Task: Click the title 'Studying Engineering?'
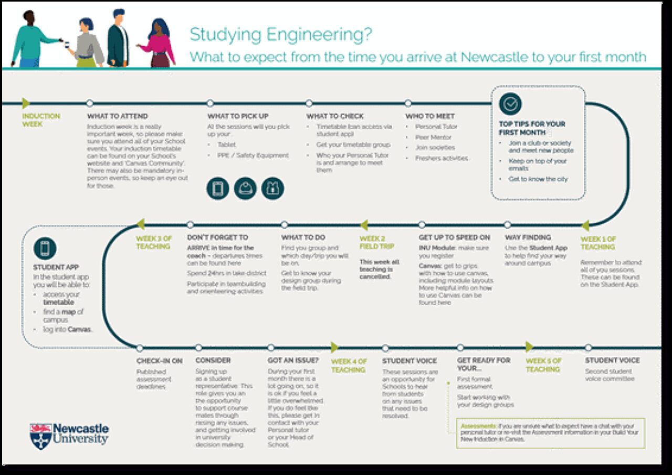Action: pyautogui.click(x=281, y=35)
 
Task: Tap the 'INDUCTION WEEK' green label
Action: pyautogui.click(x=41, y=120)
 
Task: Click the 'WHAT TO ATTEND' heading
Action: pyautogui.click(x=118, y=116)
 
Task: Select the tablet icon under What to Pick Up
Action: pyautogui.click(x=218, y=189)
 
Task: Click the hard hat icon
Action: pyautogui.click(x=245, y=189)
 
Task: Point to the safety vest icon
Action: pyautogui.click(x=272, y=189)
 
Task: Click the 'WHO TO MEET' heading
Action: pyautogui.click(x=430, y=116)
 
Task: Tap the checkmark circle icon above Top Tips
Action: pyautogui.click(x=510, y=104)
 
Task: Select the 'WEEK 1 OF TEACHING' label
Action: pyautogui.click(x=598, y=243)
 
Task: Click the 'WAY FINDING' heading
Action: pyautogui.click(x=528, y=237)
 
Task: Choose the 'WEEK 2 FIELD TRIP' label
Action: pyautogui.click(x=376, y=242)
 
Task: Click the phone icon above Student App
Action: pyautogui.click(x=45, y=248)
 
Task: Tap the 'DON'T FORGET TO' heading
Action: pyautogui.click(x=217, y=237)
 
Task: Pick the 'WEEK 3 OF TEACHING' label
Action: pyautogui.click(x=153, y=242)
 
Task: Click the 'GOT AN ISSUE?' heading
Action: pyautogui.click(x=293, y=360)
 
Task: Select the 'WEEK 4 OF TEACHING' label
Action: pyautogui.click(x=349, y=365)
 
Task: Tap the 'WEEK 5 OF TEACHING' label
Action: pyautogui.click(x=543, y=365)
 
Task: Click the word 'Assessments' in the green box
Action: pyautogui.click(x=478, y=426)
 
